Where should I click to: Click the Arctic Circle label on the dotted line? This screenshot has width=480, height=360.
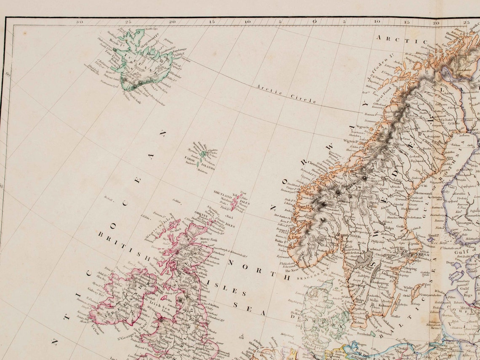(286, 93)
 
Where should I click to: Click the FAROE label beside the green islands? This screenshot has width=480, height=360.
(191, 158)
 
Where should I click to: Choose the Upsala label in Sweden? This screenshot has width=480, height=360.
(416, 244)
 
